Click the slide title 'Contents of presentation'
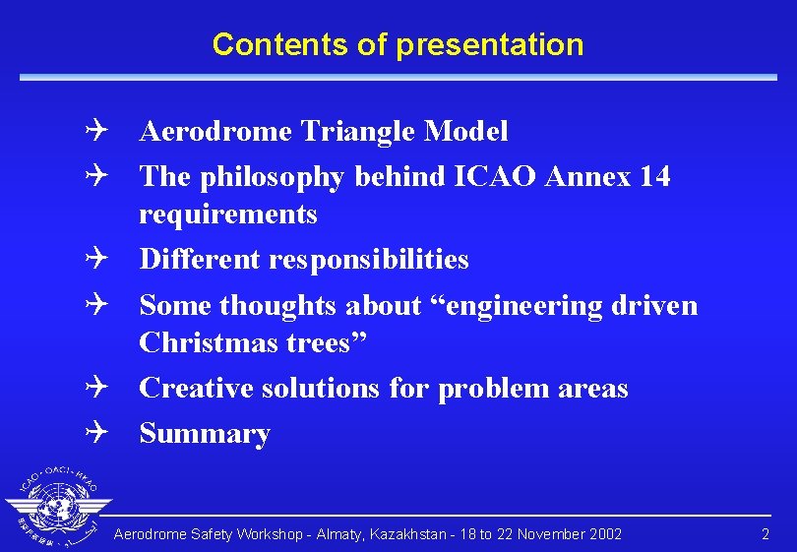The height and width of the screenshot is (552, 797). pyautogui.click(x=398, y=44)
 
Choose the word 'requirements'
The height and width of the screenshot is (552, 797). pyautogui.click(x=227, y=214)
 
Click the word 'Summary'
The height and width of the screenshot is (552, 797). pyautogui.click(x=205, y=434)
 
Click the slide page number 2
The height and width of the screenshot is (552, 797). pyautogui.click(x=766, y=534)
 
